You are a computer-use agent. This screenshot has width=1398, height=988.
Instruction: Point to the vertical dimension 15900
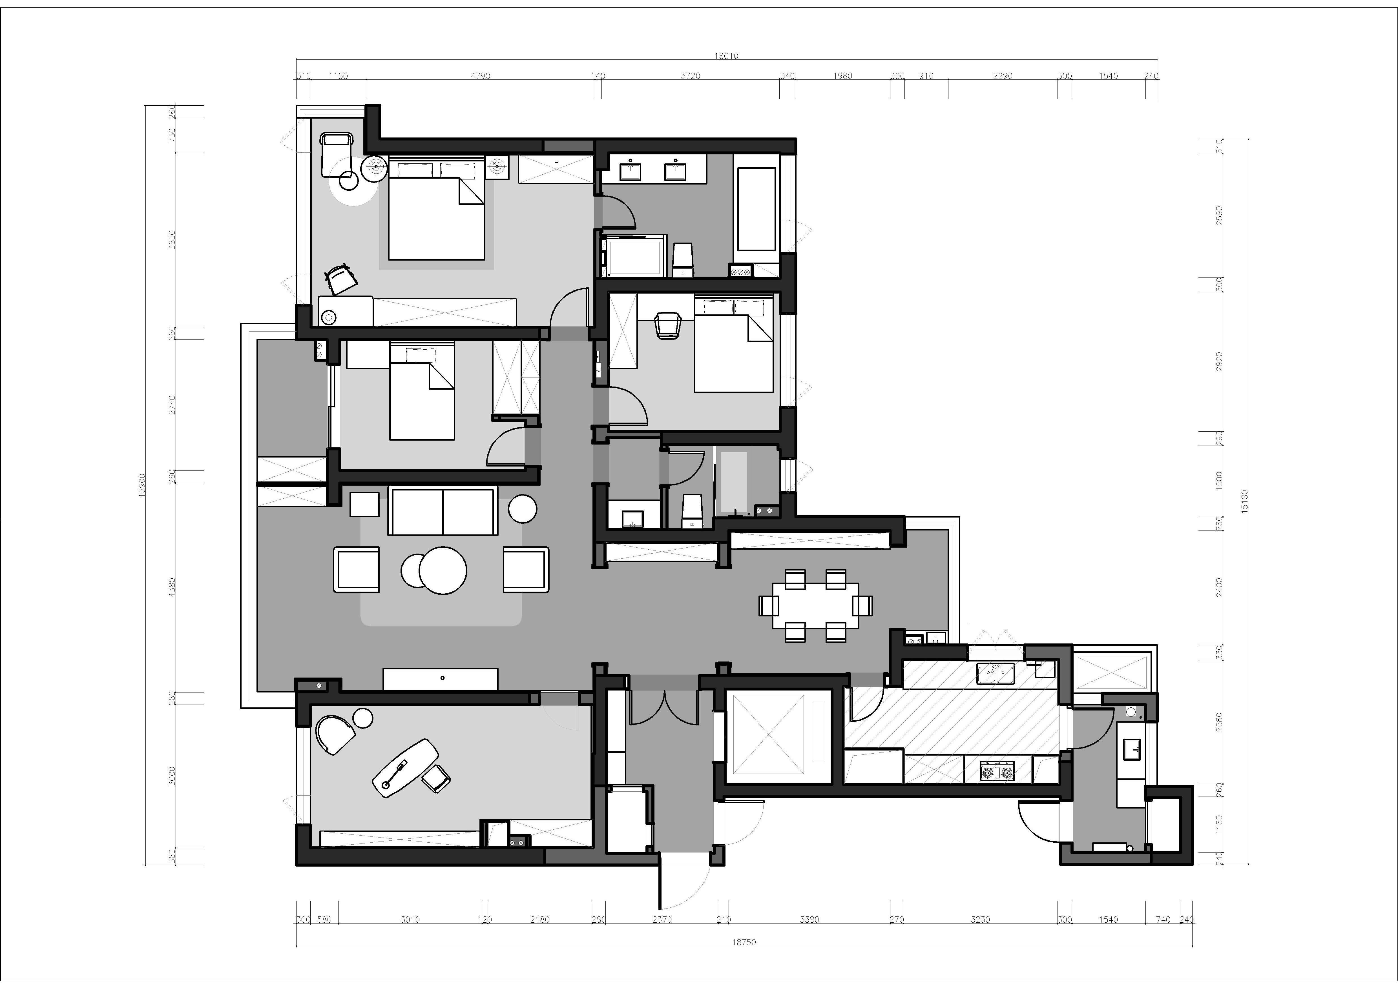pos(142,485)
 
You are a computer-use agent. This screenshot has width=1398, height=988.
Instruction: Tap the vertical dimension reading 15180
pos(1244,501)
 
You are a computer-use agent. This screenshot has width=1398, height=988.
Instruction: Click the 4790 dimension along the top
pos(480,76)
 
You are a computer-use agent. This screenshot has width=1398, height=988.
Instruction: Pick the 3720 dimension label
pos(691,76)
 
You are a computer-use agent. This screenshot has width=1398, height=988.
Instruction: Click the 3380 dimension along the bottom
pos(809,920)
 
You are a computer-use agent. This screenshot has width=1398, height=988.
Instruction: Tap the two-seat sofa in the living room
pos(443,510)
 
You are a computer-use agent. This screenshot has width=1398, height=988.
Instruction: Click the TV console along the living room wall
pos(440,679)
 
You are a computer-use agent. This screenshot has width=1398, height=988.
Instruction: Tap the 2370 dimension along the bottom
pos(662,920)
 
